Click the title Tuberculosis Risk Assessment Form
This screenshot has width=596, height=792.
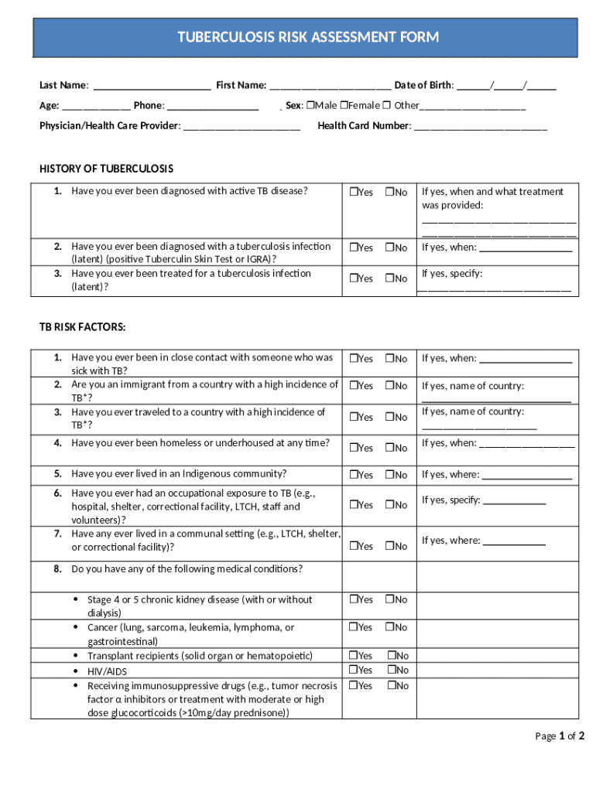(307, 37)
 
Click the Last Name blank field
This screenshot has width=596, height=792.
(152, 85)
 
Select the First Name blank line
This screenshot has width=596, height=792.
(330, 85)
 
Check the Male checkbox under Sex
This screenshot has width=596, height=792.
(310, 105)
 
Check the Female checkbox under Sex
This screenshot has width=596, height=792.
(344, 105)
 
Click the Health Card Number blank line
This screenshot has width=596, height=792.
(480, 125)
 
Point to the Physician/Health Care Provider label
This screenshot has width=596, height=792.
(109, 125)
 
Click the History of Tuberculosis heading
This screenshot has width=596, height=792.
(107, 169)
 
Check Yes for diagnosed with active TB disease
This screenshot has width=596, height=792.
(354, 193)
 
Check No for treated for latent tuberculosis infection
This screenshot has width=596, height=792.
(389, 278)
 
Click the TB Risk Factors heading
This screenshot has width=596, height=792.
(82, 327)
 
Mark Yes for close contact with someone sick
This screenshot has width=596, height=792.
(354, 359)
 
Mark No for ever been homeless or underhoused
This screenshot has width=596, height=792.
(389, 448)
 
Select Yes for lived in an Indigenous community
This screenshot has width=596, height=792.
(354, 475)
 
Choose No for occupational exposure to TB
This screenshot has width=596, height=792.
(389, 505)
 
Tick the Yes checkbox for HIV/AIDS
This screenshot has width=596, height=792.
(354, 670)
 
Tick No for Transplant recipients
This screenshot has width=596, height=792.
(392, 656)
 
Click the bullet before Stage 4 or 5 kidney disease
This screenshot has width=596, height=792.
(75, 600)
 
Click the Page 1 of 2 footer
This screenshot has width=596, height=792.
(560, 736)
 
